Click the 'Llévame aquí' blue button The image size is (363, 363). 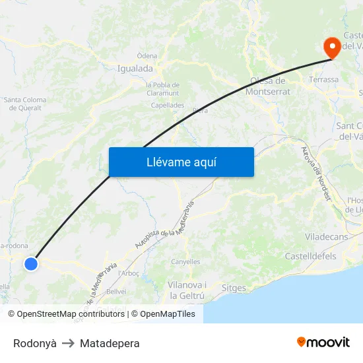pyautogui.click(x=181, y=162)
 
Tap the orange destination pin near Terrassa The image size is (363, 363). pyautogui.click(x=331, y=46)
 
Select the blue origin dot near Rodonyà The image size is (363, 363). pyautogui.click(x=31, y=264)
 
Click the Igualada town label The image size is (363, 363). pyautogui.click(x=135, y=68)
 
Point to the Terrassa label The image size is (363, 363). pyautogui.click(x=324, y=79)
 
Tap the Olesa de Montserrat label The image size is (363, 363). pyautogui.click(x=267, y=86)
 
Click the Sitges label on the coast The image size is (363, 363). pyautogui.click(x=234, y=288)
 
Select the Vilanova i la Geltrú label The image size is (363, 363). pyautogui.click(x=187, y=290)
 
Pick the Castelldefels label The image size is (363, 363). pyautogui.click(x=310, y=256)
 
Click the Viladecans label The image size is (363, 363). pyautogui.click(x=325, y=236)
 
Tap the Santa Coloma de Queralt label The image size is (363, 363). pyautogui.click(x=25, y=104)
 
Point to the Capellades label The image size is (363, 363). pyautogui.click(x=167, y=105)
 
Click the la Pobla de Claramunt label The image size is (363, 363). pyautogui.click(x=162, y=89)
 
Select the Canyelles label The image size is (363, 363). pyautogui.click(x=185, y=262)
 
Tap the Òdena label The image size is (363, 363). pyautogui.click(x=147, y=56)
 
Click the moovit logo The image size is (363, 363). pyautogui.click(x=323, y=342)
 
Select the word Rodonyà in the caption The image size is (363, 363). pyautogui.click(x=34, y=343)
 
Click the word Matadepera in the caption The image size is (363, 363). pyautogui.click(x=110, y=343)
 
